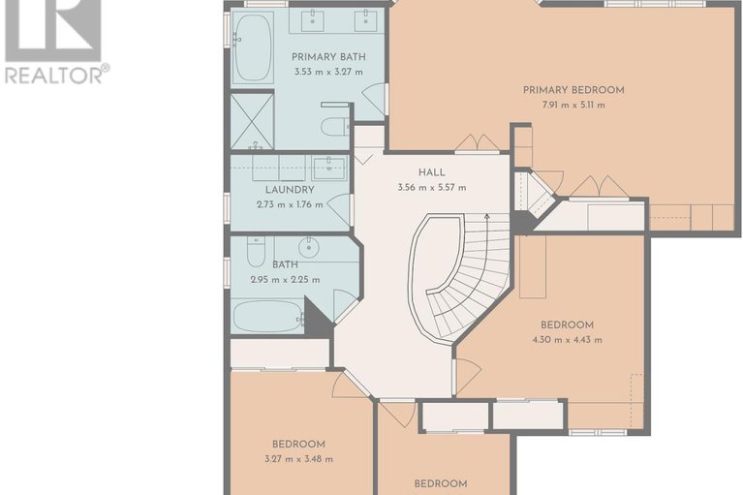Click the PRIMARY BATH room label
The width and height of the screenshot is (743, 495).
tap(328, 57)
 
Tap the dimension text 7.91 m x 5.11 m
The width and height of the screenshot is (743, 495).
tap(573, 106)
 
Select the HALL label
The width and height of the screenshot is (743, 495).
tap(432, 172)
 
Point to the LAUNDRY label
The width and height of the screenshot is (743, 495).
tap(290, 190)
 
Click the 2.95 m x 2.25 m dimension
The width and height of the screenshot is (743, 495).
tap(285, 280)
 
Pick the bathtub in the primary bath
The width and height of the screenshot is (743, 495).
tap(253, 48)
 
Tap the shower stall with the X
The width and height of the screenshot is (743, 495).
tap(252, 121)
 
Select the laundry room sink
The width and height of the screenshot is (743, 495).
tap(329, 169)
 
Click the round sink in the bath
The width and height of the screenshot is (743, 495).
tap(308, 247)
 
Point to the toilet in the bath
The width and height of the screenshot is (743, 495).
tap(257, 252)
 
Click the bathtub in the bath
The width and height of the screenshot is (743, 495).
tap(268, 317)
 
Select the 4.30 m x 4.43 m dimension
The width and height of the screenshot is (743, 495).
tap(567, 340)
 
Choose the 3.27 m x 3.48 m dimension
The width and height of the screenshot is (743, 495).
tap(298, 459)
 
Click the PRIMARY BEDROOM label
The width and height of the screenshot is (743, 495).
tap(573, 90)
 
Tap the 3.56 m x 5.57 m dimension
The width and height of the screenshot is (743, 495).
tap(432, 188)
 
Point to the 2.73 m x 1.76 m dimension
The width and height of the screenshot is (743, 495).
tap(290, 205)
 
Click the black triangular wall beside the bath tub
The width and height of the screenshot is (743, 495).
tap(316, 319)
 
